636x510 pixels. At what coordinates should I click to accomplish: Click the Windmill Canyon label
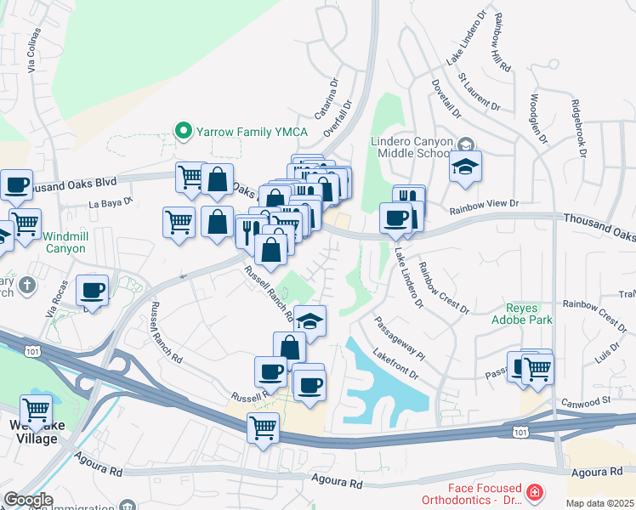pyautogui.click(x=65, y=241)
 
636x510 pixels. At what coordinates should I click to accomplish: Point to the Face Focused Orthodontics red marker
pyautogui.click(x=534, y=492)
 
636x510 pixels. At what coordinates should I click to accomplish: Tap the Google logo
pyautogui.click(x=28, y=500)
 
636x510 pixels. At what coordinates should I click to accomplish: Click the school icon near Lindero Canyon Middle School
pyautogui.click(x=465, y=167)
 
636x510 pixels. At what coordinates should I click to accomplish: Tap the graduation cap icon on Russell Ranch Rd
pyautogui.click(x=309, y=321)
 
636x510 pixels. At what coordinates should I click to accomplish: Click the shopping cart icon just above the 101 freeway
pyautogui.click(x=264, y=428)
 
